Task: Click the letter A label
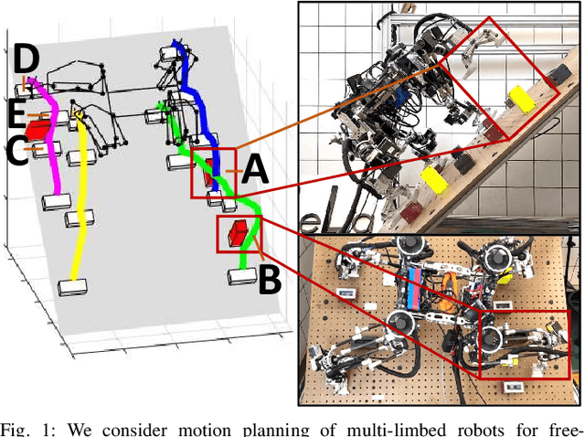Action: pyautogui.click(x=255, y=169)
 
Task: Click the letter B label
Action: pyautogui.click(x=269, y=278)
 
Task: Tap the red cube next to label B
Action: pyautogui.click(x=239, y=234)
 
